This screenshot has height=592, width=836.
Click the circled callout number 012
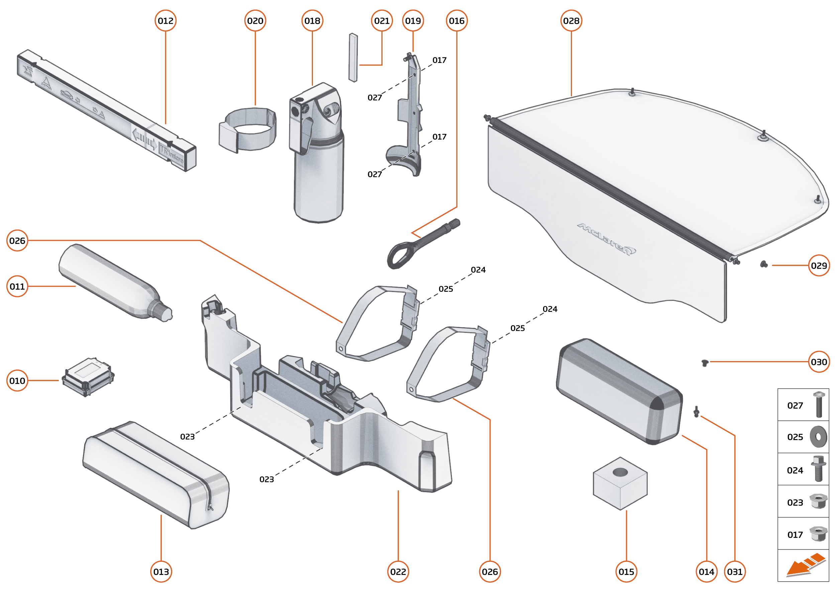pyautogui.click(x=166, y=21)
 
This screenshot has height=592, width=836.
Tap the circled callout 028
pyautogui.click(x=571, y=21)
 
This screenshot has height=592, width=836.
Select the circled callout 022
pyautogui.click(x=398, y=572)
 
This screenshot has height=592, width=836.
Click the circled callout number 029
pyautogui.click(x=819, y=265)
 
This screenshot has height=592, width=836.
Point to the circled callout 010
pyautogui.click(x=17, y=380)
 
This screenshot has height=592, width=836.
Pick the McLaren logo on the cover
pyautogui.click(x=607, y=239)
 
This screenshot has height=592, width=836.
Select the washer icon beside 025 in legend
pyautogui.click(x=818, y=437)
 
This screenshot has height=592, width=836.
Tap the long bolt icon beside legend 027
pyautogui.click(x=819, y=404)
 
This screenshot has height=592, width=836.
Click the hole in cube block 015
pyautogui.click(x=620, y=473)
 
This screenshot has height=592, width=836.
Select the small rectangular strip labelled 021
pyautogui.click(x=353, y=58)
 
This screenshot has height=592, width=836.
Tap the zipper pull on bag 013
pyautogui.click(x=210, y=507)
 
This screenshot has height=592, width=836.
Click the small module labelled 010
pyautogui.click(x=88, y=376)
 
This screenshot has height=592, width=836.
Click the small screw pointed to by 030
pyautogui.click(x=705, y=363)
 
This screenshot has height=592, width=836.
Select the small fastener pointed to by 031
pyautogui.click(x=696, y=412)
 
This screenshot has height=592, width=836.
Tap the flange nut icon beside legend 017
pyautogui.click(x=818, y=534)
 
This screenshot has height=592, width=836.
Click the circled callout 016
pyautogui.click(x=456, y=21)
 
